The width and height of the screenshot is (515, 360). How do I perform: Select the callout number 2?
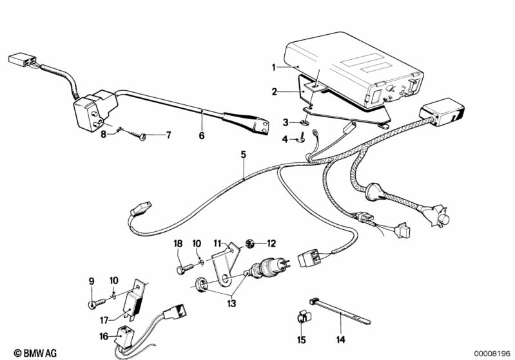coord(274,92)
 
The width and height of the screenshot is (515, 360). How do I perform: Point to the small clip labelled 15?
coord(301,316)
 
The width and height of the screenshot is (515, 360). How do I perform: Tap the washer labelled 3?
coord(304,120)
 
